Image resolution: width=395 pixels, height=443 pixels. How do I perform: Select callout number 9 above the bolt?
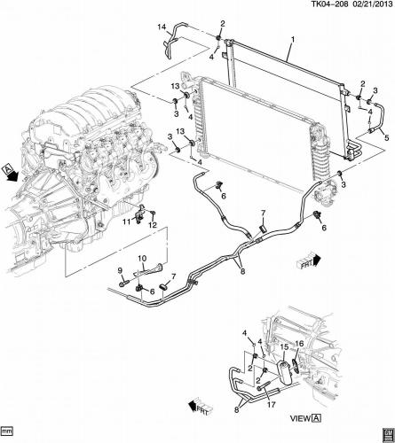click(x=120, y=270)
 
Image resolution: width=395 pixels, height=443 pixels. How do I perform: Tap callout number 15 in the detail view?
click(x=284, y=346)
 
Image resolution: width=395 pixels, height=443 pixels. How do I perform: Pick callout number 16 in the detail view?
click(x=299, y=343)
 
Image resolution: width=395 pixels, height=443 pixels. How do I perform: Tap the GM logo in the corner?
click(x=383, y=431)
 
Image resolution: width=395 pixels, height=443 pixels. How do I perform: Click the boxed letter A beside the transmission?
click(x=8, y=167)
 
